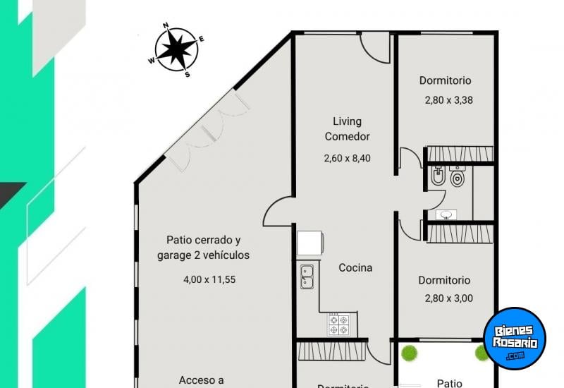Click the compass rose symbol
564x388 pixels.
tap(176, 49)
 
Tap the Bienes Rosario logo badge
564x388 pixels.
tap(515, 338)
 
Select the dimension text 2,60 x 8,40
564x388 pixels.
tap(347, 158)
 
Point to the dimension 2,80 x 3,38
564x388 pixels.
tap(448, 99)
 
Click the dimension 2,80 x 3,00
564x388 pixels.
tap(448, 298)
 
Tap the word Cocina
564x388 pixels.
tap(355, 267)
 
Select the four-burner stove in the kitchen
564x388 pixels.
tap(338, 324)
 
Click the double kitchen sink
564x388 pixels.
tap(307, 276)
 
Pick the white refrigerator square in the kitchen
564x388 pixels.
tap(309, 243)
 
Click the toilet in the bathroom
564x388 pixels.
tap(458, 178)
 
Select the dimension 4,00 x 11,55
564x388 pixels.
tap(209, 279)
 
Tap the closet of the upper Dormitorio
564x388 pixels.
tap(460, 154)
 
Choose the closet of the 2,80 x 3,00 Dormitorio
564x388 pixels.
tap(460, 234)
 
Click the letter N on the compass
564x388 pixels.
tap(166, 25)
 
